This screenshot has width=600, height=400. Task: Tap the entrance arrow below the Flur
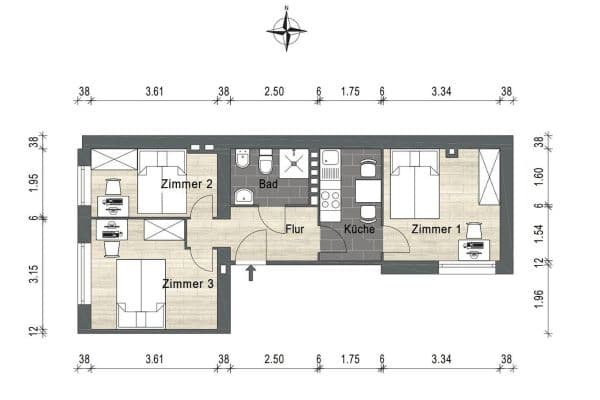click(x=251, y=272)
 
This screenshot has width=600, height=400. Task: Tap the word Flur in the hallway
click(x=294, y=229)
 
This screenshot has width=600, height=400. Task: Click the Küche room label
click(x=358, y=229)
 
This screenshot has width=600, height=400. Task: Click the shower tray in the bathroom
click(x=296, y=163)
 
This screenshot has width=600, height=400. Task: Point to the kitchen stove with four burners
click(x=330, y=193)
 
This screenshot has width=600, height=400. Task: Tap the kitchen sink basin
click(x=330, y=160)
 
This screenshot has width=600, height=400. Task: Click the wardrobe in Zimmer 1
click(x=489, y=177)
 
